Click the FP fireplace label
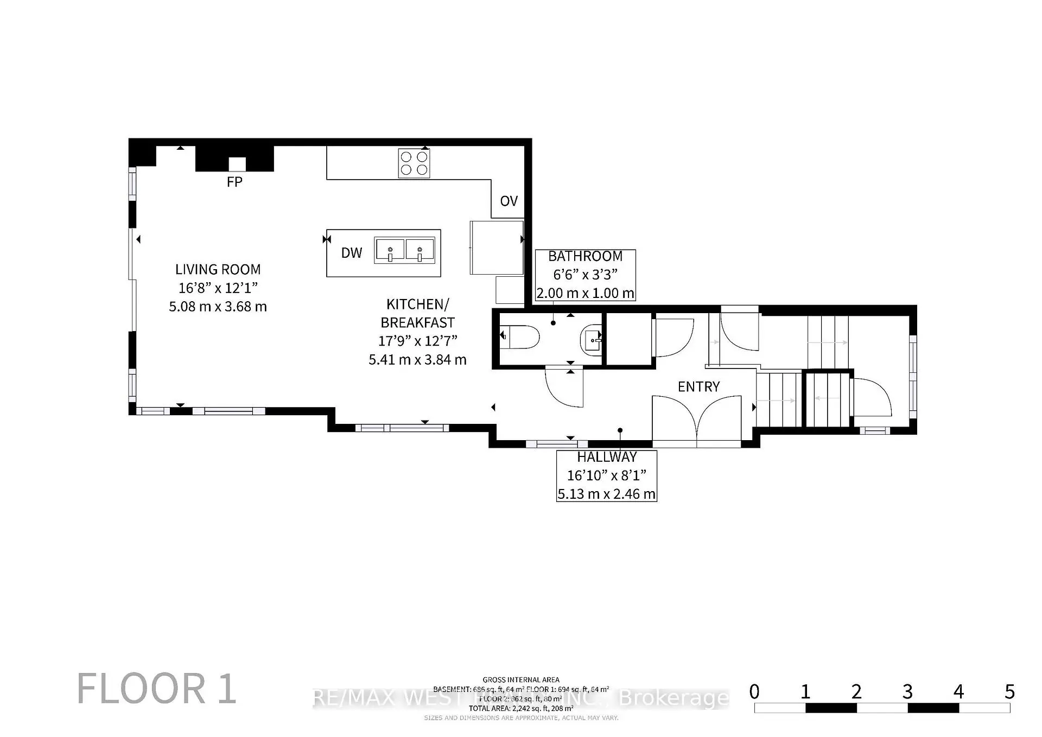click(x=234, y=182)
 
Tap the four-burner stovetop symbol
click(x=414, y=163)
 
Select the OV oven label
click(x=509, y=201)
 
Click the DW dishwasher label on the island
click(x=351, y=253)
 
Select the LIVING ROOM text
click(x=218, y=270)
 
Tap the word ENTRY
click(x=698, y=387)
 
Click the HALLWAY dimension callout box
click(x=606, y=476)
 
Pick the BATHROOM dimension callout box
click(x=585, y=275)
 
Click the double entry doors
click(x=696, y=421)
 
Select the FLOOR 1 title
click(x=156, y=689)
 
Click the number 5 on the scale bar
click(x=1009, y=692)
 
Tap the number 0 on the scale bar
click(x=754, y=692)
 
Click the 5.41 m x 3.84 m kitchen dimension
click(x=417, y=360)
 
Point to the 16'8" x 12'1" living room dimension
click(x=218, y=288)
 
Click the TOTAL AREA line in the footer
click(x=520, y=708)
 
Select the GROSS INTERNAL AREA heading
click(x=520, y=679)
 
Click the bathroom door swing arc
click(x=564, y=389)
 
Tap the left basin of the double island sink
click(x=390, y=250)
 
